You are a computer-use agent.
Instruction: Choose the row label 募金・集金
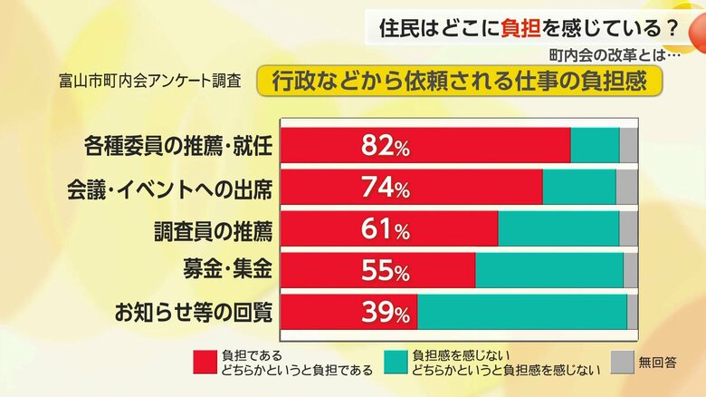point(226,269)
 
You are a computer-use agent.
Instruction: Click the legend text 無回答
point(658,363)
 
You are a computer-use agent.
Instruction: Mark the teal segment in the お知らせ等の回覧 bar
point(521,312)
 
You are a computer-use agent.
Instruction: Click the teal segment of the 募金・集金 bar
point(549,270)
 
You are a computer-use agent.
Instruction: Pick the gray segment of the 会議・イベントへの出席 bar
point(626,188)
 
